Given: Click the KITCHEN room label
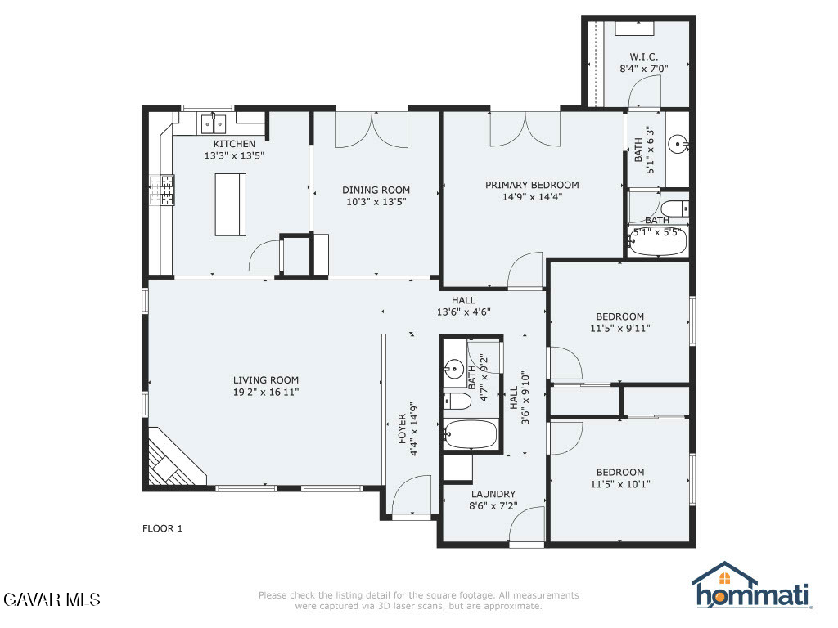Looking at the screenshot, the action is click(234, 144).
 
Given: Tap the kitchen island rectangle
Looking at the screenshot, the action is click(230, 204).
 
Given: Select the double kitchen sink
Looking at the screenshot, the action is click(214, 124).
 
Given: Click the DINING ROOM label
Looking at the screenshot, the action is click(376, 190).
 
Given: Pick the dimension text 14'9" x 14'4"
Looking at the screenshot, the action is click(532, 196).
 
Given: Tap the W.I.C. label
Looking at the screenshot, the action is click(643, 56).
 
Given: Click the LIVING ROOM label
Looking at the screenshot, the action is click(266, 380).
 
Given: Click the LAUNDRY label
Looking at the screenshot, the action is click(493, 494).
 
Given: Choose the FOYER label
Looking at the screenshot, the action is click(402, 429).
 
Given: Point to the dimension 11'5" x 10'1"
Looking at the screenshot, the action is click(620, 484).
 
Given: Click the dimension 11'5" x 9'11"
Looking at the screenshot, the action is click(620, 328).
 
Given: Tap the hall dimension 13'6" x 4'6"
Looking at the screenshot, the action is click(463, 312).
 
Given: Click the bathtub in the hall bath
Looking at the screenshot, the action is click(471, 434).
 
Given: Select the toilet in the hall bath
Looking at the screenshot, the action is click(457, 401).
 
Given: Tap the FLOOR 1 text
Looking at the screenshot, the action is click(163, 528).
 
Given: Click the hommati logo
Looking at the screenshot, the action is click(752, 585).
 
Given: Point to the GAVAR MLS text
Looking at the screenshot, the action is click(52, 599).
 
